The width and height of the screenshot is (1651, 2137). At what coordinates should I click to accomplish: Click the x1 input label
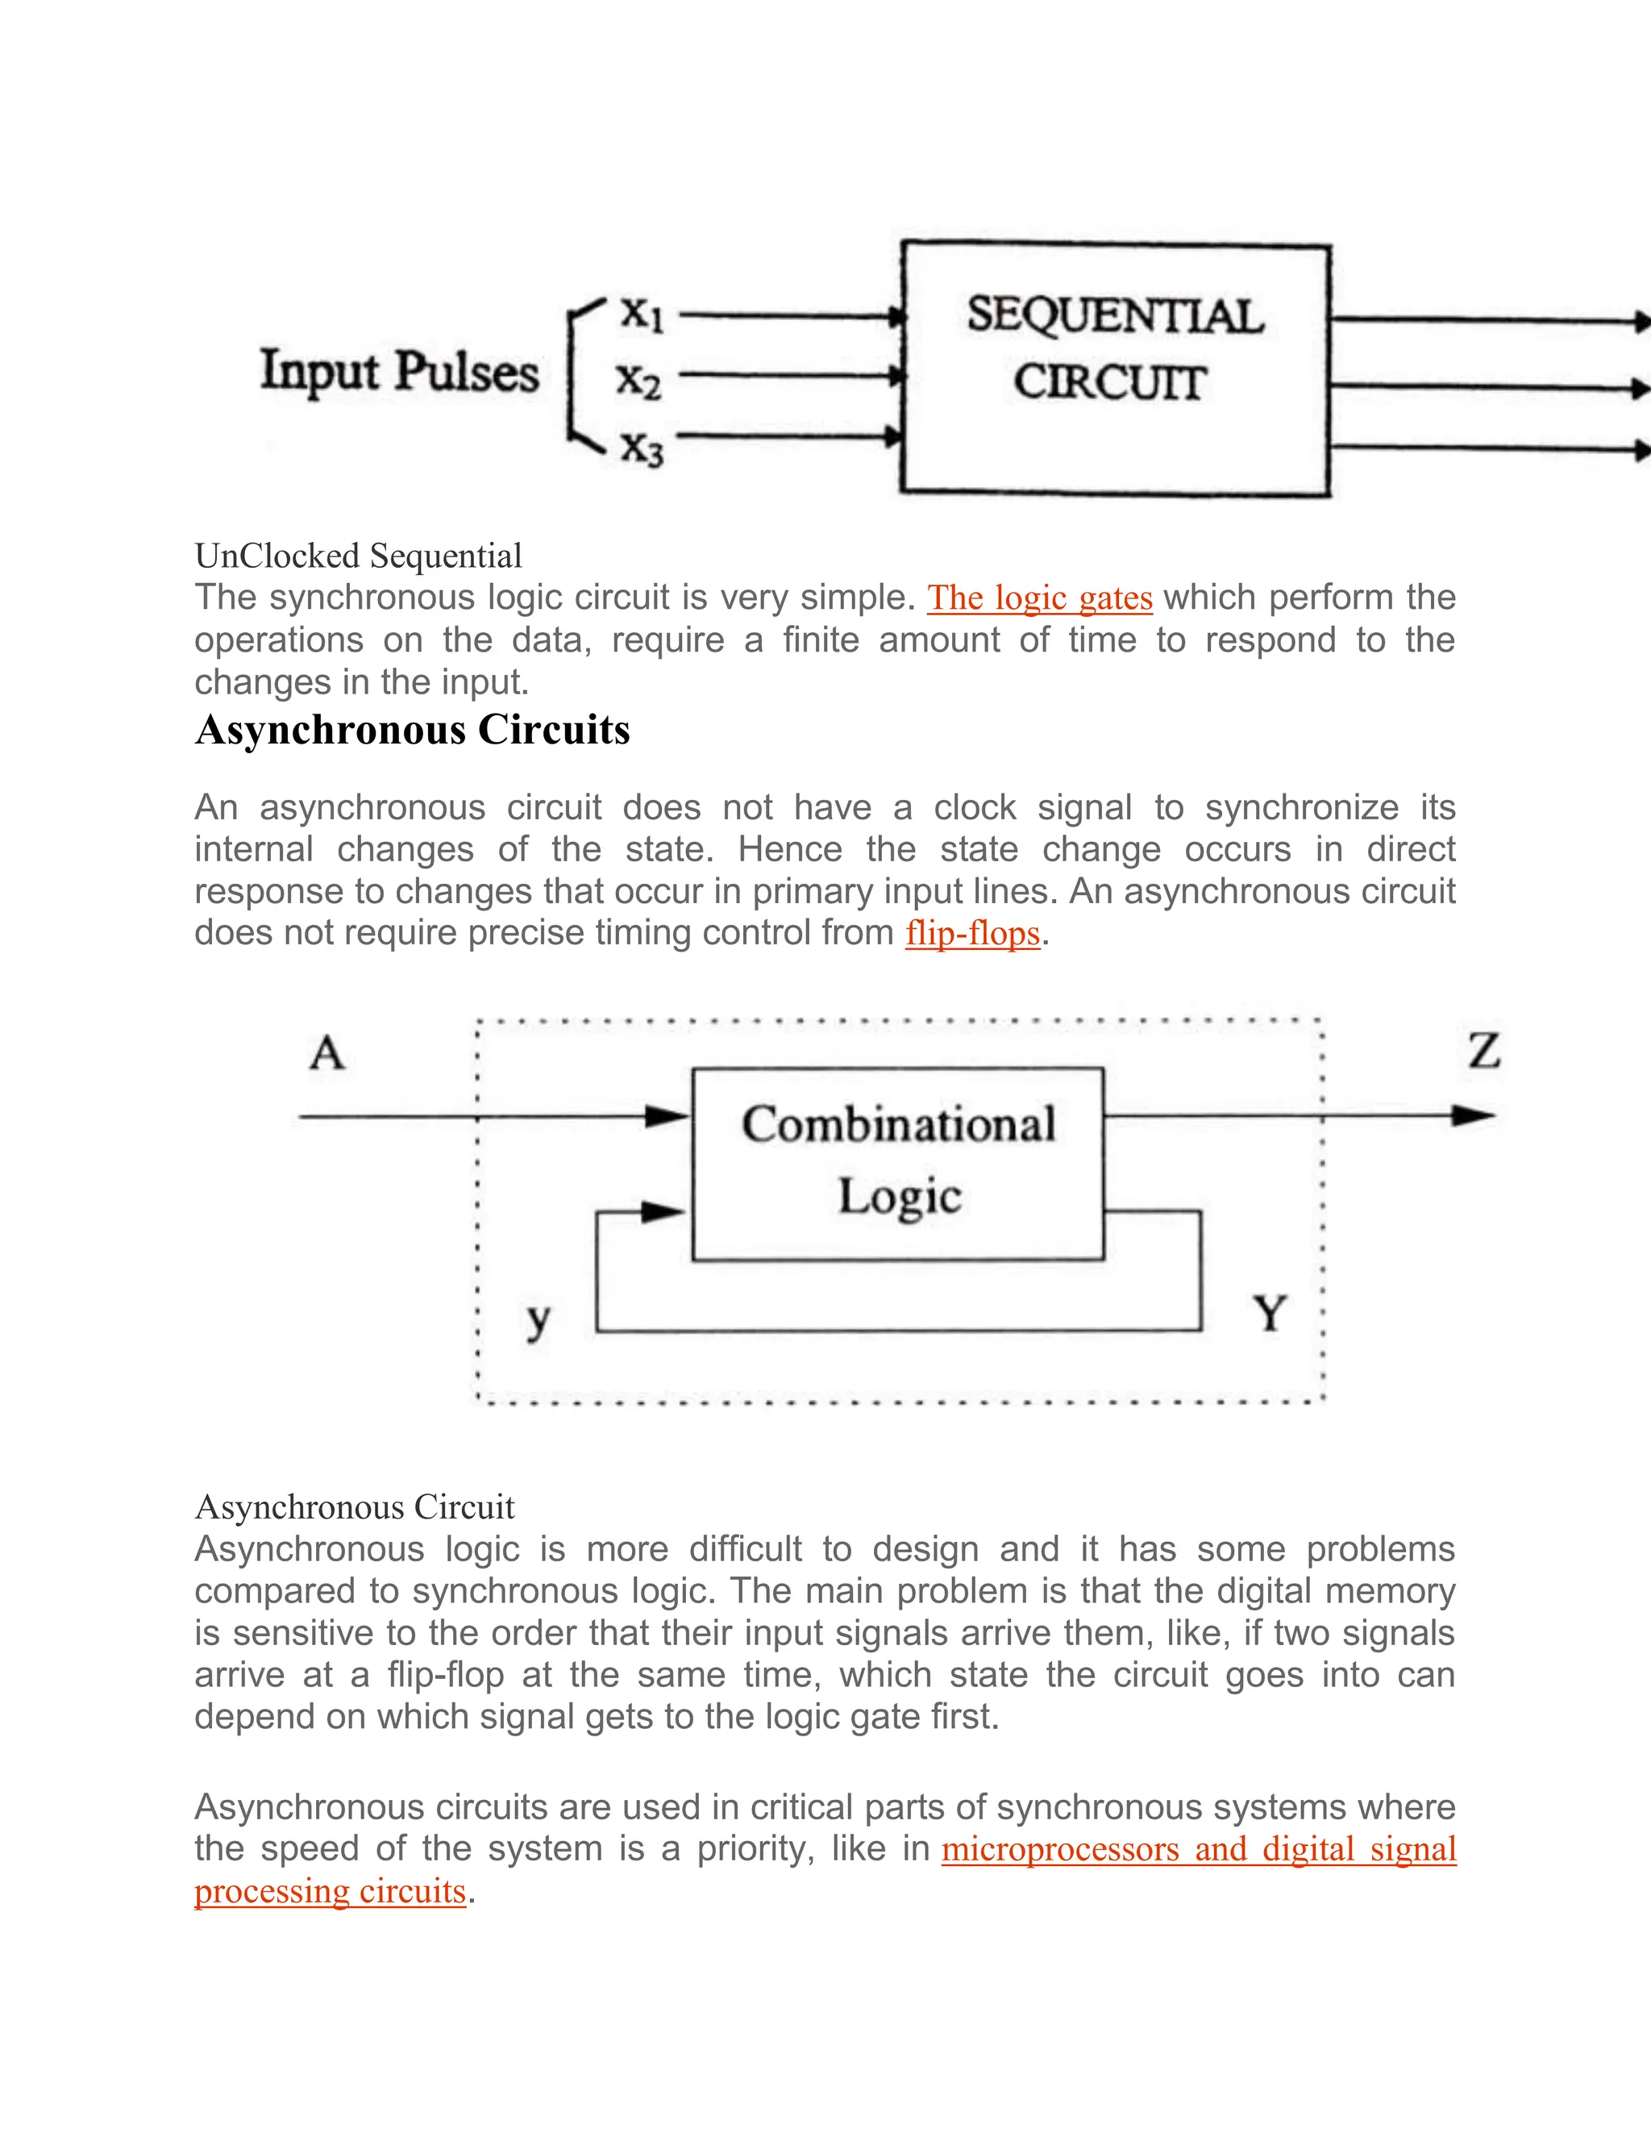pos(643,315)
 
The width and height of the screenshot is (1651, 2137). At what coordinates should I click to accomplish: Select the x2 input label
pos(638,379)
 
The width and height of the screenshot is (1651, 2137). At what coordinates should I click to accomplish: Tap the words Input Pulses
pos(399,373)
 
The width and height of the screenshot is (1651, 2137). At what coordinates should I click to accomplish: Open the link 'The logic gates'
pos(1040,598)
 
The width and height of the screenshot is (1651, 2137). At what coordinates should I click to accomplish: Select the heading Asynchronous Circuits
pos(413,730)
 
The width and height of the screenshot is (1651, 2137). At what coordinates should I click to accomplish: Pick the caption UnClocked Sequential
pos(358,556)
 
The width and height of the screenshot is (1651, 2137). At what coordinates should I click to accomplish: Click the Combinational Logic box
pos(898,1164)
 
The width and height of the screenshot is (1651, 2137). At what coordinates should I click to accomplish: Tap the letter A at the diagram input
pos(327,1054)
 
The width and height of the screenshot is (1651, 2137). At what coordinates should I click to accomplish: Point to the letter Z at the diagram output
pos(1484,1051)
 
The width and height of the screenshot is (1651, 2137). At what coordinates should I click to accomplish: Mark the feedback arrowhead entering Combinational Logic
pos(665,1212)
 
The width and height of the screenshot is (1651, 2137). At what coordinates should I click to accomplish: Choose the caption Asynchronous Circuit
pos(354,1507)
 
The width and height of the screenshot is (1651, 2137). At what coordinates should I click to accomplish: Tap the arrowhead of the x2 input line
pos(893,375)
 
